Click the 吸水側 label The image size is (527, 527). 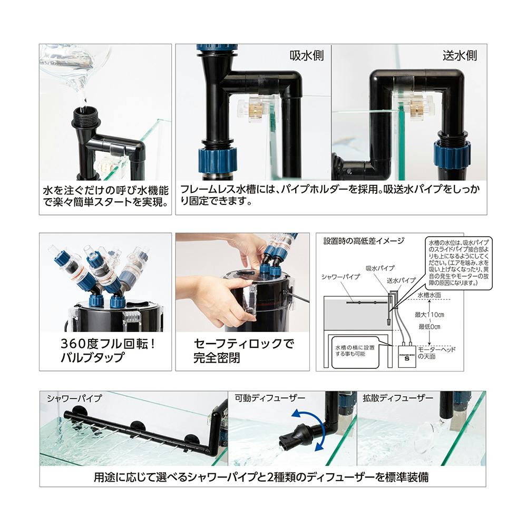[307, 55]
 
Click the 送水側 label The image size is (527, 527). [460, 55]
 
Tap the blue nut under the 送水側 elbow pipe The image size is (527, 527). [452, 154]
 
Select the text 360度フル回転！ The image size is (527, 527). [108, 344]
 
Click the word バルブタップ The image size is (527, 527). [92, 357]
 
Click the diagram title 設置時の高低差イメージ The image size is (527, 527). [364, 241]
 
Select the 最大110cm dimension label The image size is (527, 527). [429, 315]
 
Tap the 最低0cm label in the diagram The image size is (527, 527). [429, 326]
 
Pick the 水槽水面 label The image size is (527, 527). [429, 295]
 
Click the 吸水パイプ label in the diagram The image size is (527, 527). [380, 268]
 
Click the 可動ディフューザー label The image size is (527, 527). [269, 398]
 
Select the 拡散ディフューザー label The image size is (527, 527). [397, 398]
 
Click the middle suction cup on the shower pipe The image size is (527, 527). [137, 426]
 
